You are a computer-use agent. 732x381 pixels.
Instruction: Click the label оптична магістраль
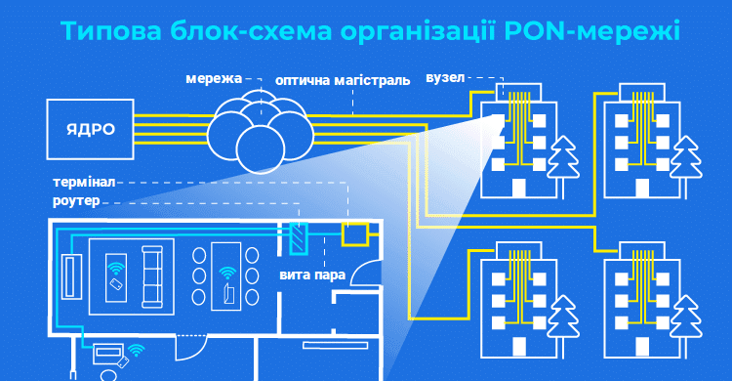coord(336,80)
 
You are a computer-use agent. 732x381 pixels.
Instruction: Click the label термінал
coord(85,183)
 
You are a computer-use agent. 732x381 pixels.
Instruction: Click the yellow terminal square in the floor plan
coord(353,235)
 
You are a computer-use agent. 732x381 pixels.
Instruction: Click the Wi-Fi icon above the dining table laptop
coord(227,273)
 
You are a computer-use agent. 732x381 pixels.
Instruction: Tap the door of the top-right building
coord(642,185)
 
